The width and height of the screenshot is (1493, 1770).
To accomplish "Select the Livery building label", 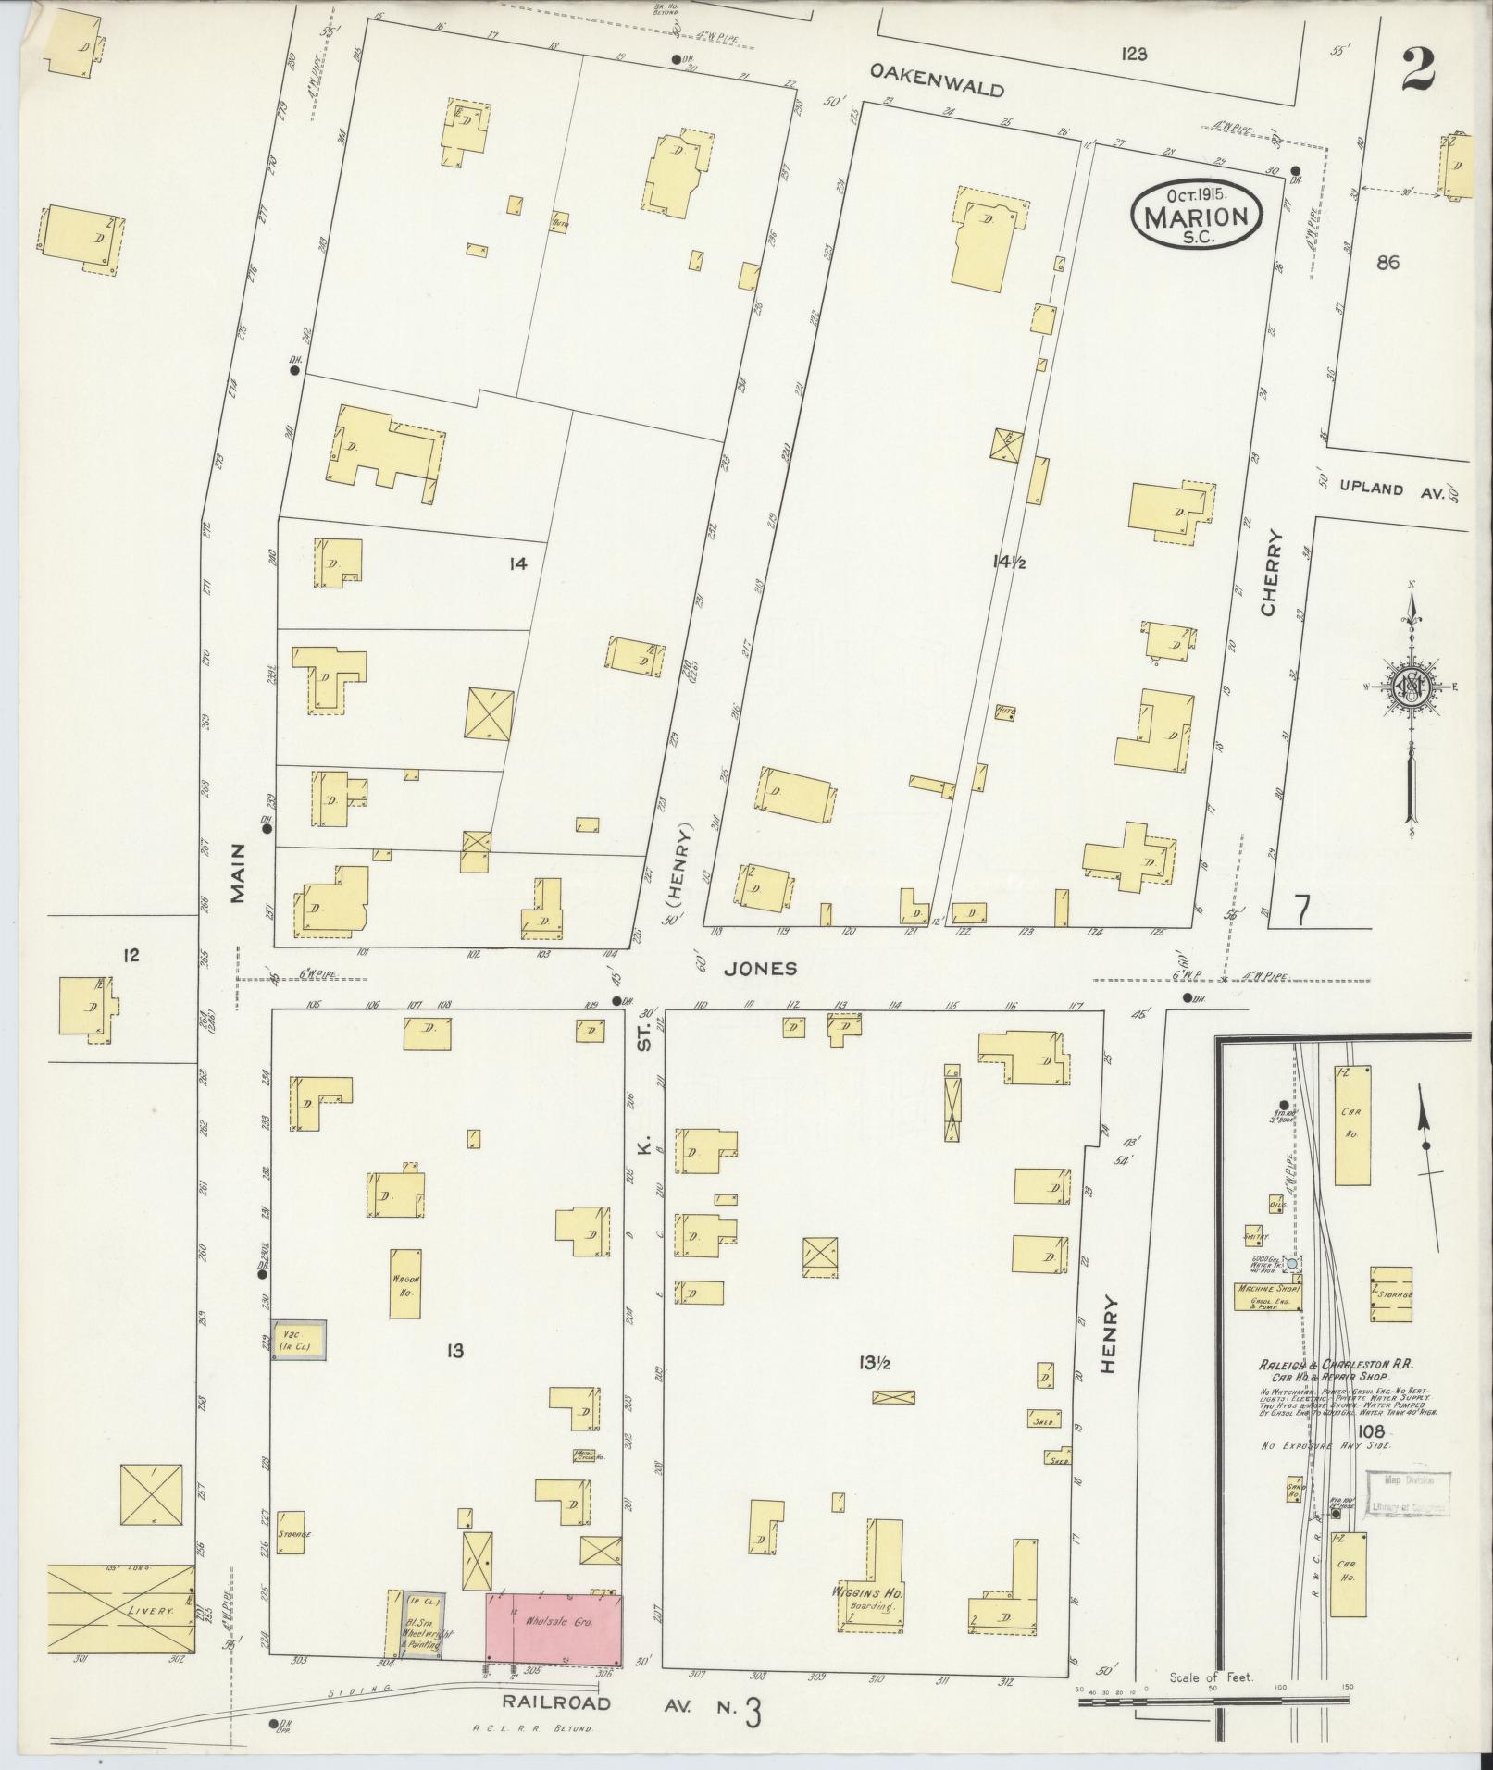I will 152,1611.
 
